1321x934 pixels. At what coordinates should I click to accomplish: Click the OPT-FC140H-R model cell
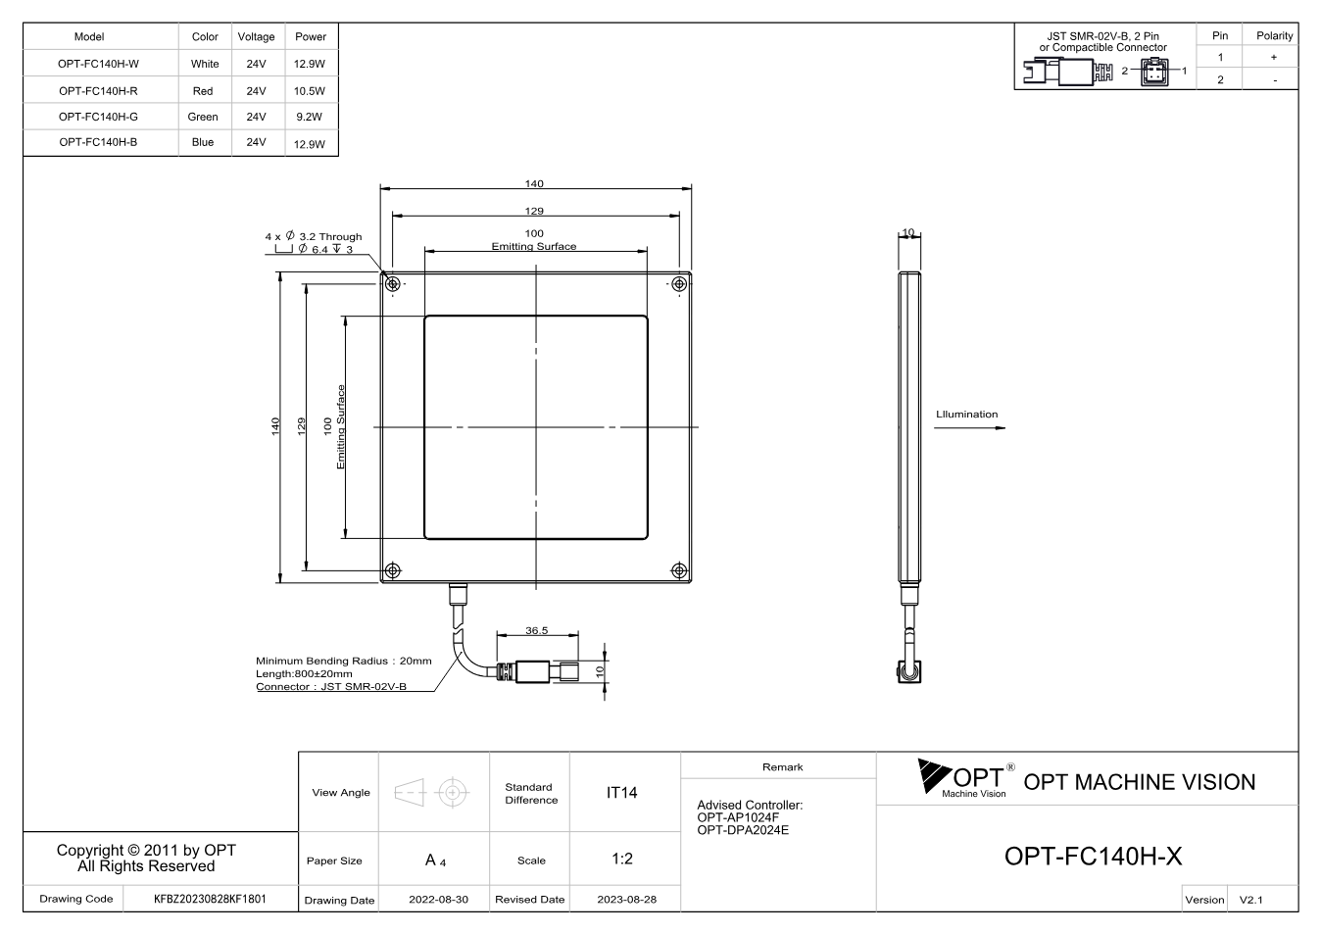pos(98,91)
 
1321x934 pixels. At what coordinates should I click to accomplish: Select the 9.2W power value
pos(309,117)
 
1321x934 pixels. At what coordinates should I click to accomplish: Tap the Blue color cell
pos(202,142)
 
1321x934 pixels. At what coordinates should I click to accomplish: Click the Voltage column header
pos(256,36)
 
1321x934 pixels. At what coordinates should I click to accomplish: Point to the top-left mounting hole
pos(393,284)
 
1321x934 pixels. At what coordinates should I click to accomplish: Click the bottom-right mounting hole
pos(679,570)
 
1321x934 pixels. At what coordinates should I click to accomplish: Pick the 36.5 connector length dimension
pos(537,630)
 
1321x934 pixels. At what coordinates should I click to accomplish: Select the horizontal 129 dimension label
pos(534,211)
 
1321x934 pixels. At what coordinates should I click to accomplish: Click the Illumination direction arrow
pos(969,428)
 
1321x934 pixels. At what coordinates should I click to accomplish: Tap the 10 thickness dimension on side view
pos(908,232)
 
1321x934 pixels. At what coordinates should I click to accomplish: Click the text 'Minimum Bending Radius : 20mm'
pos(344,661)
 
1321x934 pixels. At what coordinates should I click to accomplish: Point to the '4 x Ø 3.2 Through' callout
pos(314,236)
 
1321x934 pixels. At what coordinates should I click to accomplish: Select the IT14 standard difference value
pos(621,793)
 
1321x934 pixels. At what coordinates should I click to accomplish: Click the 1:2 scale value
pos(622,859)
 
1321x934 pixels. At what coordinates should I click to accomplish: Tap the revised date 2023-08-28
pos(626,900)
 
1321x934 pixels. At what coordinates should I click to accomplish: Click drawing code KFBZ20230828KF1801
pos(210,899)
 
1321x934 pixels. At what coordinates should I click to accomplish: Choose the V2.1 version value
pos(1250,900)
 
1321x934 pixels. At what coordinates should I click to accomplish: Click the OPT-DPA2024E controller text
pos(743,830)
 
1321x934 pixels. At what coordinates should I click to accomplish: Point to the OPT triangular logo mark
pos(934,775)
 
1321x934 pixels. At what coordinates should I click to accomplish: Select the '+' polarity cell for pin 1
pos(1274,57)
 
